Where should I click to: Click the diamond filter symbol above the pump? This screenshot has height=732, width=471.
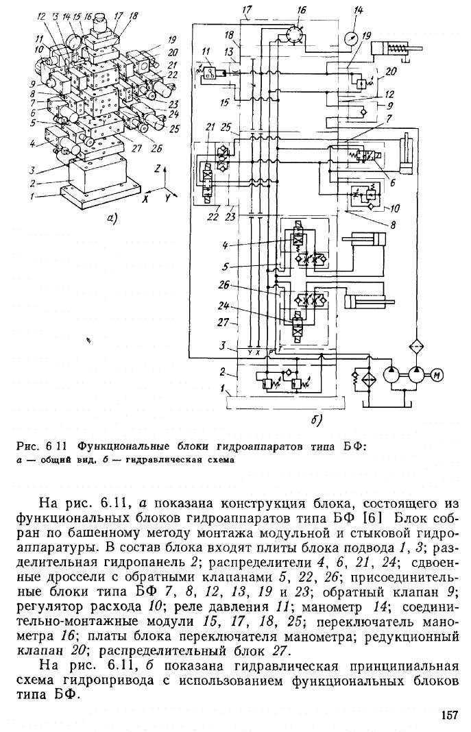click(x=415, y=347)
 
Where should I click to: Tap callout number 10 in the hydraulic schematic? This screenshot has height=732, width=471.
click(x=394, y=208)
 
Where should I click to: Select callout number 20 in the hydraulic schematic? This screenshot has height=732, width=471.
click(x=391, y=71)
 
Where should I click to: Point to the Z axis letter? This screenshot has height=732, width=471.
click(x=158, y=168)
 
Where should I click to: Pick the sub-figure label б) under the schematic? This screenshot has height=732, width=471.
click(x=317, y=421)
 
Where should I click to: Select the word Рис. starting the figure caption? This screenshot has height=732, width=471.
click(x=23, y=446)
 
